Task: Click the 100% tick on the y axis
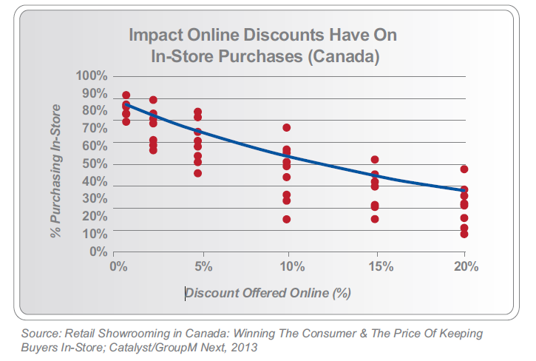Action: coord(92,76)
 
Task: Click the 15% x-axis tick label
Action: coord(377,266)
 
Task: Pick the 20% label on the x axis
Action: coord(464,266)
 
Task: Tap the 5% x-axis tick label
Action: coord(203,266)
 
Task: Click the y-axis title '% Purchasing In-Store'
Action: coord(55,171)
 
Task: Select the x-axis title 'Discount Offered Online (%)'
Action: coord(268,293)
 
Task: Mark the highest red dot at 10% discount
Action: coord(286,128)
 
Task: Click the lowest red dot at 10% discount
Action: coord(286,219)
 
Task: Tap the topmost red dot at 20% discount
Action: coord(464,169)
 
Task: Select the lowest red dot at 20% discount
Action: coord(464,234)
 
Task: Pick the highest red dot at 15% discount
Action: coord(375,160)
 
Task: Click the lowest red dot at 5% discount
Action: coord(197,173)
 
